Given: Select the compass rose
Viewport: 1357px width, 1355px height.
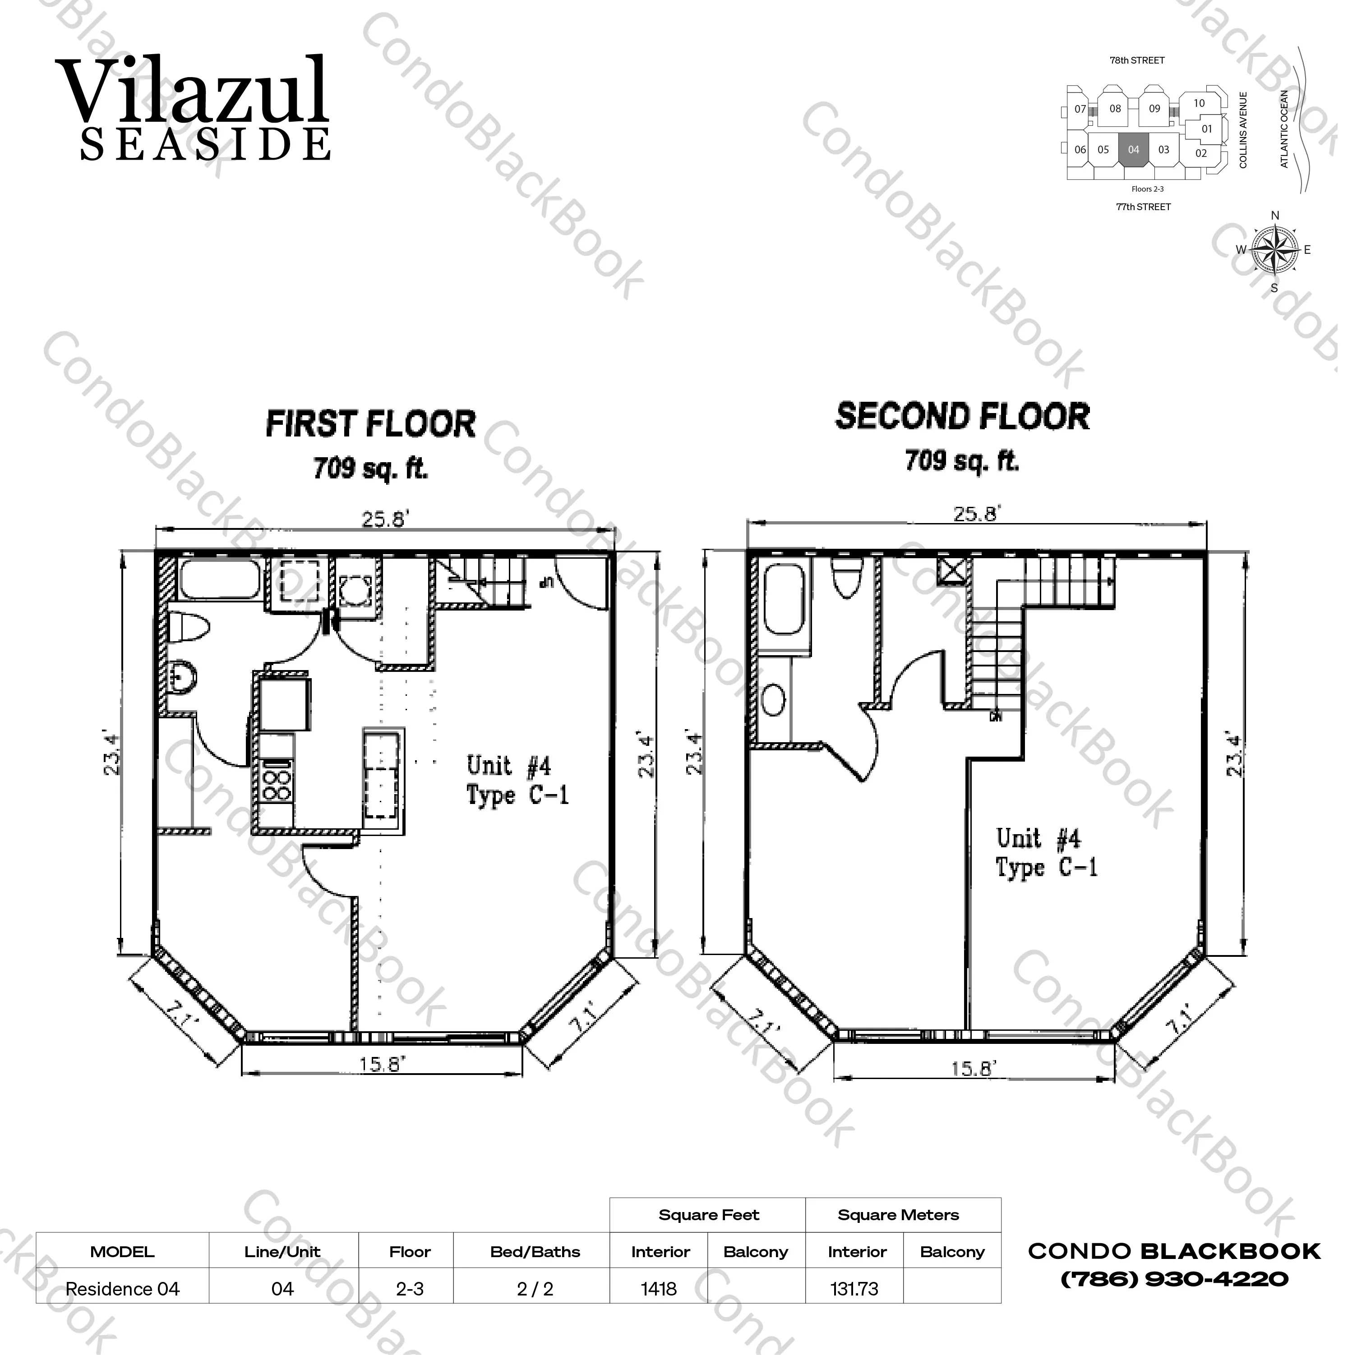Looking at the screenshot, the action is pos(1275,250).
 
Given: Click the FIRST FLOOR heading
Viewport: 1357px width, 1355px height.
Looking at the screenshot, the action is pos(370,424).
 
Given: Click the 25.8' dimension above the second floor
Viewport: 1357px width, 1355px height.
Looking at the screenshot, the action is pos(976,514).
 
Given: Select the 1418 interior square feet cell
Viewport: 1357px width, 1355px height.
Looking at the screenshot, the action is pos(659,1289).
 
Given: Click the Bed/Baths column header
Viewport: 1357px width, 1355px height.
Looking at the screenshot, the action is pos(535,1252).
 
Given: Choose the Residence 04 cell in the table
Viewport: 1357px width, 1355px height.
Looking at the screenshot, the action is pos(122,1289).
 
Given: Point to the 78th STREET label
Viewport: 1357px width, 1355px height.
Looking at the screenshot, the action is pos(1137,60).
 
